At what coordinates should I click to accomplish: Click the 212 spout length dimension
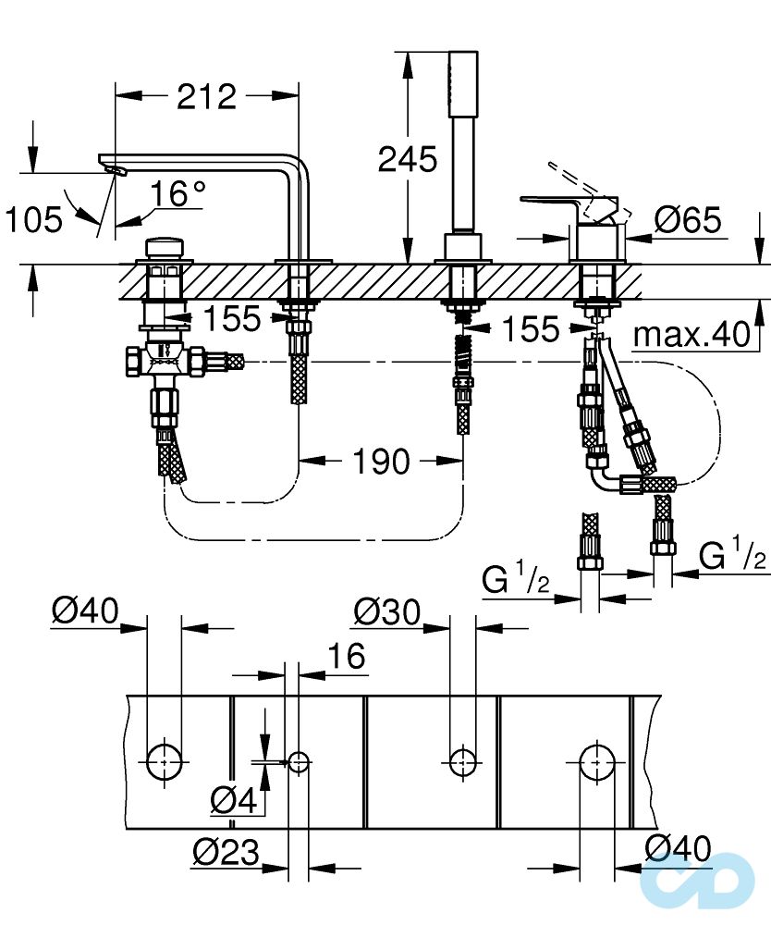point(206,95)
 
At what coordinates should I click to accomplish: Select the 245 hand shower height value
point(408,159)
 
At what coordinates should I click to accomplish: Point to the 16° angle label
point(178,194)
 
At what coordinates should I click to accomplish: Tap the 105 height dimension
point(33,220)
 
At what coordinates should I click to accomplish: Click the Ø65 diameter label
point(688,220)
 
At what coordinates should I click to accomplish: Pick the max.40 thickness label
point(692,335)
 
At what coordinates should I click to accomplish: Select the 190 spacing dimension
point(380,460)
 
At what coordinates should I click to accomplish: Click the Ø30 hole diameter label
point(386,611)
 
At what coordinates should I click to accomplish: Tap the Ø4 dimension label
point(232,799)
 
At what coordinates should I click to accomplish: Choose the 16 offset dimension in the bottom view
point(346,656)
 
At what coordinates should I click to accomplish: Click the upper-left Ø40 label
point(86,611)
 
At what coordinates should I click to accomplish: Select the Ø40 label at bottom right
point(679,849)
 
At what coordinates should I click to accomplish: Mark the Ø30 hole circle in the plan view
point(462,760)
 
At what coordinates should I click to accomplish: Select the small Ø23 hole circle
point(298,762)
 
